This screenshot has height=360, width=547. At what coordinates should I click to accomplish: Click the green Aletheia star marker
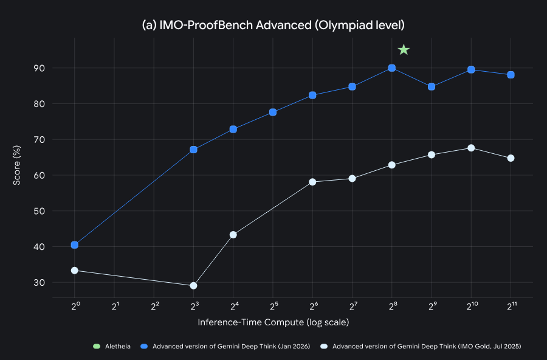point(404,50)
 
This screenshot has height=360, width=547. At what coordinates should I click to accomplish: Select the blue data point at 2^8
point(392,68)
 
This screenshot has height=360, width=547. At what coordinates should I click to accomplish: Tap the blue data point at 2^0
point(75,245)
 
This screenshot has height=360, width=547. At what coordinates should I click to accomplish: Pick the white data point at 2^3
point(193,285)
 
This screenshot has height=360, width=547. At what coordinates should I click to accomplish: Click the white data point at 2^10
point(471,148)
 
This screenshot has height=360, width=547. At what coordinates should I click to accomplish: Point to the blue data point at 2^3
point(193,150)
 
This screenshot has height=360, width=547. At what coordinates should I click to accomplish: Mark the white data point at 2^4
point(233,235)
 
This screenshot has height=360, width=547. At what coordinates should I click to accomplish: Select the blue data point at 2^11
point(511,75)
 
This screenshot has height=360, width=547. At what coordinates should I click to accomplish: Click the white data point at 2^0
point(75,270)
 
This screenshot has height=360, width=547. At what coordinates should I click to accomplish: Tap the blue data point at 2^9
point(432,86)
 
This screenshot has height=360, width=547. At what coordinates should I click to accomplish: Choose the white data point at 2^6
point(312,182)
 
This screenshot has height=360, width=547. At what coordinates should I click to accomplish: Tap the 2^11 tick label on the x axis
point(511,306)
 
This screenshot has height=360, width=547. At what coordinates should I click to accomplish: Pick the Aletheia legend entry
point(113,347)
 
